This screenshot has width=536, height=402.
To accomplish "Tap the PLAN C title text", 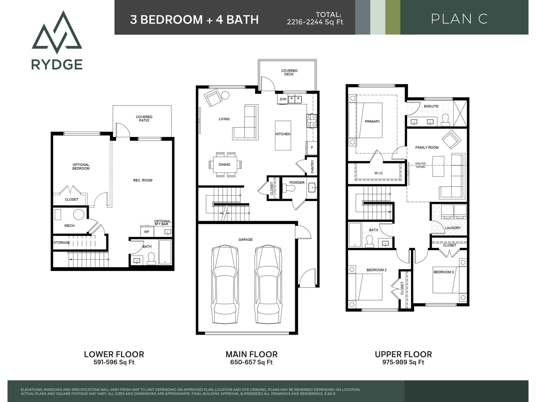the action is point(459,19).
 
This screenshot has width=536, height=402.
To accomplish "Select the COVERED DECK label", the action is point(289,72).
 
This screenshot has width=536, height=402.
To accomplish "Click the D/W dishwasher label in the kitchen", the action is point(283,99).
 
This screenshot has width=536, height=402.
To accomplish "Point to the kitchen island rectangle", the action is point(283,135).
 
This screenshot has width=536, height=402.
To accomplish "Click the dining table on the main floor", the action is point(225,164).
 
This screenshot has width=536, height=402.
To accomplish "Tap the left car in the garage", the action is point(224,284).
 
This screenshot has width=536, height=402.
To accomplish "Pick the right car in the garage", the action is point(268,284).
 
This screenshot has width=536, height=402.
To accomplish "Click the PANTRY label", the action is point(312,167).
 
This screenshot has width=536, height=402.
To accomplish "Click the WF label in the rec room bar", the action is point(146,231).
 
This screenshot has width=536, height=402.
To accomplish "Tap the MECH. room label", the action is point(70,226).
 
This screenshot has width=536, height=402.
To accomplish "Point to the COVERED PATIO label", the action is point(144,119).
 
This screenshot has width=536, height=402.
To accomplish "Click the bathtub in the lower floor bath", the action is point(165,252).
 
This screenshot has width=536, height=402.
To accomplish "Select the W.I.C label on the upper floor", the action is point(379,173).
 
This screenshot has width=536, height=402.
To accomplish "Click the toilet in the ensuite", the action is point(446,120).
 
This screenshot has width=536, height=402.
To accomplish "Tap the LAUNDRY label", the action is point(453,228).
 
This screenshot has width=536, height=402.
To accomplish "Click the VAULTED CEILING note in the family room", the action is point(420,165).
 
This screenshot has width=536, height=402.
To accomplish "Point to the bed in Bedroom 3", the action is point(446,279).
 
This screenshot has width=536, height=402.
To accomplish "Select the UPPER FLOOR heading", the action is point(403,354).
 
